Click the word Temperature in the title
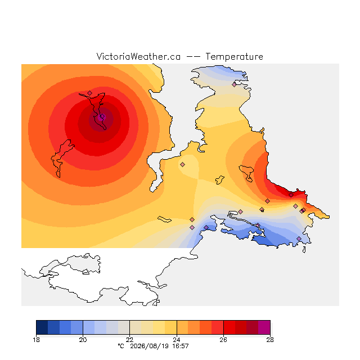pyautogui.click(x=234, y=56)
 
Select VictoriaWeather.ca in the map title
pyautogui.click(x=138, y=56)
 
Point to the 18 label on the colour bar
pyautogui.click(x=36, y=340)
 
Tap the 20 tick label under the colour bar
pyautogui.click(x=83, y=340)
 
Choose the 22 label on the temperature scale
pyautogui.click(x=130, y=340)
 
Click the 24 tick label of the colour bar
pyautogui.click(x=177, y=340)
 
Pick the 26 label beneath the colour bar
pyautogui.click(x=223, y=340)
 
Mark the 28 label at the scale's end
pyautogui.click(x=270, y=340)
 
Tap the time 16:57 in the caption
pyautogui.click(x=181, y=346)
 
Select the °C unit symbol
pyautogui.click(x=121, y=346)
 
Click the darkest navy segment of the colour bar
pyautogui.click(x=42, y=327)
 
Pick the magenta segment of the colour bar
pyautogui.click(x=264, y=327)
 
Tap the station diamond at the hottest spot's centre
pyautogui.click(x=102, y=116)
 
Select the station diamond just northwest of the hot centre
pyautogui.click(x=90, y=93)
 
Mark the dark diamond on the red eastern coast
pyautogui.click(x=291, y=195)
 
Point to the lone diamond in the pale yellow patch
pyautogui.click(x=182, y=164)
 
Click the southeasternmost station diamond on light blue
pyautogui.click(x=299, y=238)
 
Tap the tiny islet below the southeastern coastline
pyautogui.click(x=304, y=250)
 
